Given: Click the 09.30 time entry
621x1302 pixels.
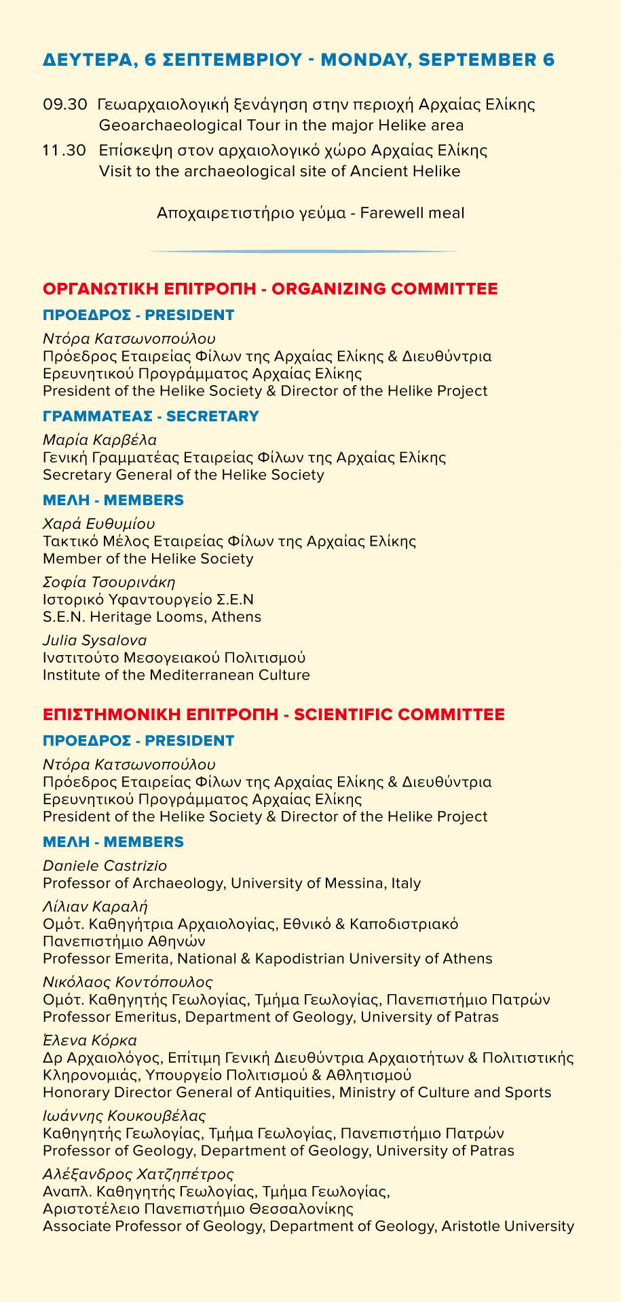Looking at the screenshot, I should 64,105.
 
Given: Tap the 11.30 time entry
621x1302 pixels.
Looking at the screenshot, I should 64,150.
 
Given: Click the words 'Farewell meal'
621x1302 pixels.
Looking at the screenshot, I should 412,213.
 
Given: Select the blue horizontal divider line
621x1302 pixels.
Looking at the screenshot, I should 303,252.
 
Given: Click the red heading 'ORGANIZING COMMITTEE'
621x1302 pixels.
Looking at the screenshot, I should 384,289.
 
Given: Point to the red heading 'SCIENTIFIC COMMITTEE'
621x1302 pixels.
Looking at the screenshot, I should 399,715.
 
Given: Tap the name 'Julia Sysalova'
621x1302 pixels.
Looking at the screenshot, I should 94,640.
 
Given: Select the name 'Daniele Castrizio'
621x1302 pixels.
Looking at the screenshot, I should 105,866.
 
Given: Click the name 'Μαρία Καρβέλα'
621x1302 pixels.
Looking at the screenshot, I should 100,439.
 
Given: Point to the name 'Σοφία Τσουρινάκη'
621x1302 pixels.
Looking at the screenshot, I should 109,582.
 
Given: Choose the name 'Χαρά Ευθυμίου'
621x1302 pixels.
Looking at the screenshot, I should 98,524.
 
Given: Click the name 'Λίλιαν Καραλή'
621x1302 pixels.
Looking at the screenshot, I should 95,907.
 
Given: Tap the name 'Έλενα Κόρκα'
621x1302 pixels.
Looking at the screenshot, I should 90,1040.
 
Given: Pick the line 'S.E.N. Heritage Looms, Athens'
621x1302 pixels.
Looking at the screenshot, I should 152,617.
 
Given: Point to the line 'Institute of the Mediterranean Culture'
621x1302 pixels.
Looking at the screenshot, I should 176,675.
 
